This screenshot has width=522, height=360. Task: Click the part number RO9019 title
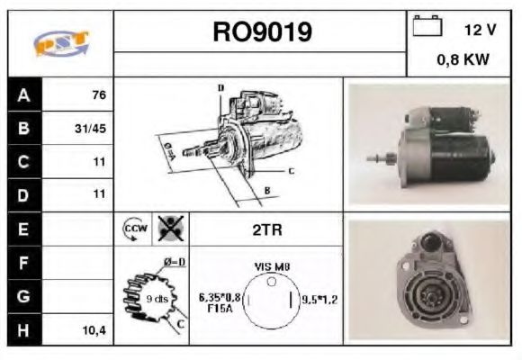pos(261,32)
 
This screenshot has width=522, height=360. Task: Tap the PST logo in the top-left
pos(61,43)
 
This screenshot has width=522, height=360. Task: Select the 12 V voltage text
pos(480,30)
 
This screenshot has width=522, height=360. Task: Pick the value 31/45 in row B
pos(91,129)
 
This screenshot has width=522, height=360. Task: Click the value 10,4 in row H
pos(94,330)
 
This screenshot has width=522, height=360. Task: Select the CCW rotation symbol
pos(134,230)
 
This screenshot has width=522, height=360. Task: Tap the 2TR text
pos(266,230)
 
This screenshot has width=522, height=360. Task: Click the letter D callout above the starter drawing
pos(220,87)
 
